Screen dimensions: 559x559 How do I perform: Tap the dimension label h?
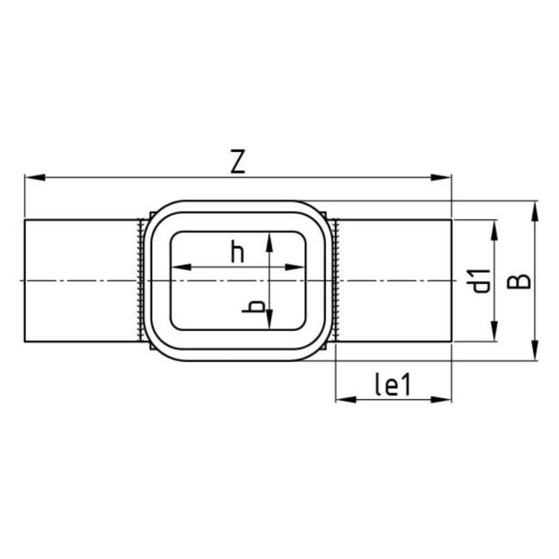point(238,252)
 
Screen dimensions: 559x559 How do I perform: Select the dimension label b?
point(254,307)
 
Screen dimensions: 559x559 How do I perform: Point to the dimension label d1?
point(482,280)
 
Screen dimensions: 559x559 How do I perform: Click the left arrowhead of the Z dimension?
point(32,178)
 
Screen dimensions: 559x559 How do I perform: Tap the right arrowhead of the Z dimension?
point(445,178)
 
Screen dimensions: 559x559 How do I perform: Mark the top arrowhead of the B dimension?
point(535,209)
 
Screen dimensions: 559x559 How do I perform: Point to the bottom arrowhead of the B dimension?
point(535,353)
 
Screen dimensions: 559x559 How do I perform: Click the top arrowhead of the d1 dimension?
point(494,226)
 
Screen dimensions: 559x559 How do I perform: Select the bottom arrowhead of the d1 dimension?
point(494,337)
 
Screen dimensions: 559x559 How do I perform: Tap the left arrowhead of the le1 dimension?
point(341,399)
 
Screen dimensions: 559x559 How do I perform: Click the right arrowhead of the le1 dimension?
point(445,399)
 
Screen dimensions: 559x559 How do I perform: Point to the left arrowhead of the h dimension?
point(178,267)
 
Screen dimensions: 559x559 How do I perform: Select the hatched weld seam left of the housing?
point(139,280)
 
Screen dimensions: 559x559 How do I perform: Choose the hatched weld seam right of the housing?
point(336,280)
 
